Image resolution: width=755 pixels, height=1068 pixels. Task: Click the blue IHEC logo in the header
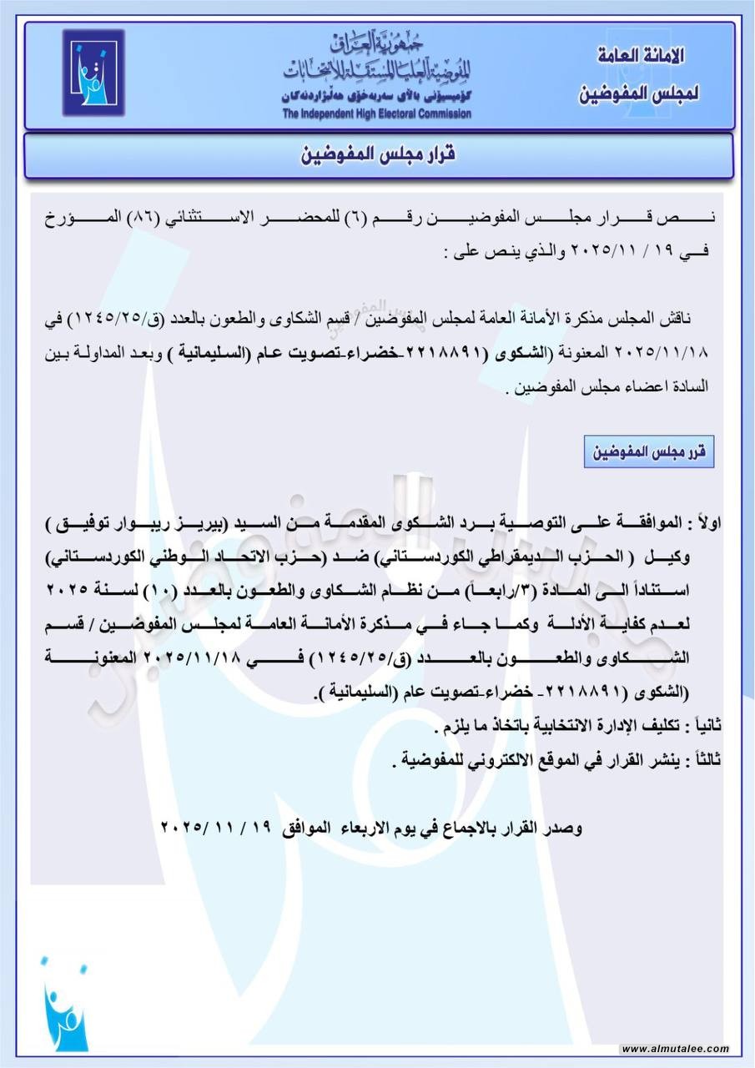93,73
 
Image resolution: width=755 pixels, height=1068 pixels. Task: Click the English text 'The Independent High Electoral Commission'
375,114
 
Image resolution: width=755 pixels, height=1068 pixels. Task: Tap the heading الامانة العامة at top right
641,57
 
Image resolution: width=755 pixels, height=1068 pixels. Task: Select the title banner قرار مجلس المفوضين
378,156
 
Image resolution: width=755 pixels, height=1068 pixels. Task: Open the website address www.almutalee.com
676,1050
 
